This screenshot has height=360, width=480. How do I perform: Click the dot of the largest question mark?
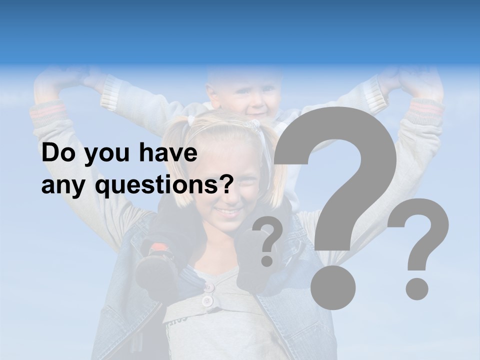332,287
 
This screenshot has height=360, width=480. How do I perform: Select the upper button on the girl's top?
208,287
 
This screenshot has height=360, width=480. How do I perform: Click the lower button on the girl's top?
206,301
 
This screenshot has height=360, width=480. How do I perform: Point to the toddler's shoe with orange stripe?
158,250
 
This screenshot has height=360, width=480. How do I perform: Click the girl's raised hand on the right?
425,82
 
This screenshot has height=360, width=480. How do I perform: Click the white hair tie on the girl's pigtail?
190,120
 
